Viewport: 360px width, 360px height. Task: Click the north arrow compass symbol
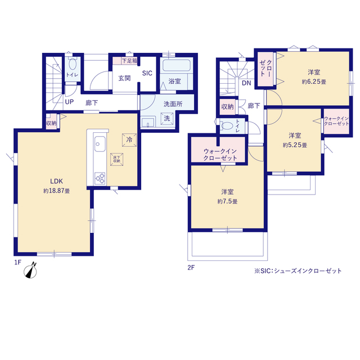pos(30,271)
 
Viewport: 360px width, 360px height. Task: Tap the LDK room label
pos(56,181)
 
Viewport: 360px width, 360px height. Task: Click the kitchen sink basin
pos(100,144)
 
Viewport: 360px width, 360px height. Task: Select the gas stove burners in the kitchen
pos(100,178)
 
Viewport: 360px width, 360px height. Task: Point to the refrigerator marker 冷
pos(129,139)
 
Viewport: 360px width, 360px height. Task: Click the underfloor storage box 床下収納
pos(116,159)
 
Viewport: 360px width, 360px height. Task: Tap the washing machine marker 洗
pos(167,119)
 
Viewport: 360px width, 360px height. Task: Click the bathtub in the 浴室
pos(176,65)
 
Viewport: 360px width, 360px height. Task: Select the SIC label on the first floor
pos(147,73)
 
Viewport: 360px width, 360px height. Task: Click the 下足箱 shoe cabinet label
pos(129,61)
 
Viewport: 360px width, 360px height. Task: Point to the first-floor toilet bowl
pos(73,64)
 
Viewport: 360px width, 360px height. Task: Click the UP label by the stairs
pos(69,102)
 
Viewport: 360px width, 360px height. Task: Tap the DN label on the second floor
pos(246,83)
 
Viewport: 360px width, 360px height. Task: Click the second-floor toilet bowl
pos(227,126)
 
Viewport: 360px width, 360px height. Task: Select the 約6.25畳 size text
pos(314,82)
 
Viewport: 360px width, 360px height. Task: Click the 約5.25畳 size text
pos(295,145)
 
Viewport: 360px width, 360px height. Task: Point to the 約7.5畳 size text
pos(227,201)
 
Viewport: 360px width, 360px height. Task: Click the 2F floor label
pos(191,268)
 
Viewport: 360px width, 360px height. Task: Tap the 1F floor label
pos(17,262)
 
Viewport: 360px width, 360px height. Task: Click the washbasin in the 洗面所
pos(148,123)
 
